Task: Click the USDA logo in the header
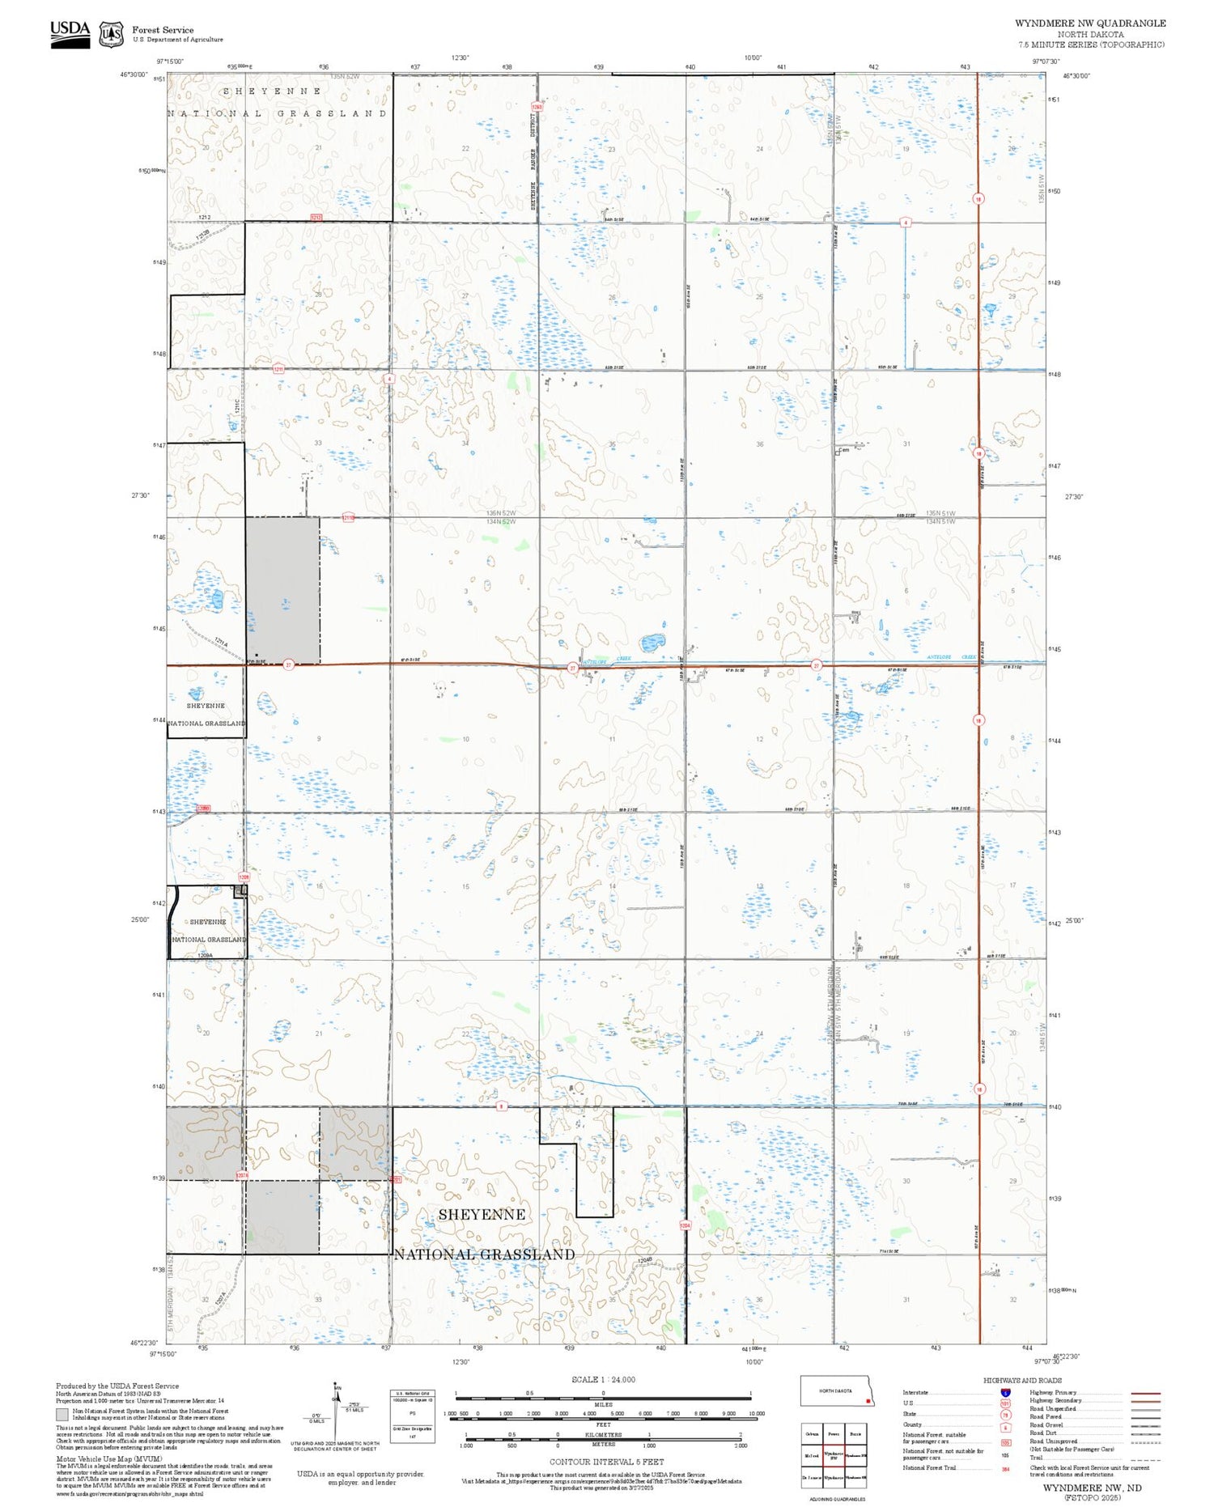[x=70, y=33]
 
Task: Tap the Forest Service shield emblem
[x=111, y=35]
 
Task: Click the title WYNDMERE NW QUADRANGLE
[x=1090, y=23]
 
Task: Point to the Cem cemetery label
[x=843, y=450]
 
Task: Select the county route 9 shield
[x=502, y=1106]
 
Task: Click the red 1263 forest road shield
[x=537, y=107]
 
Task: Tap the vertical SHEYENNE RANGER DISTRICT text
[x=533, y=162]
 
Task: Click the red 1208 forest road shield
[x=244, y=877]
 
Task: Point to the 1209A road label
[x=206, y=956]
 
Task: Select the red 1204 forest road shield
[x=685, y=1225]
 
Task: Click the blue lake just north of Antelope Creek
[x=652, y=643]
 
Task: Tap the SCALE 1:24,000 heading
[x=603, y=1379]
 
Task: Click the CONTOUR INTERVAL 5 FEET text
[x=606, y=1462]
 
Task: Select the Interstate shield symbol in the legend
[x=1005, y=1392]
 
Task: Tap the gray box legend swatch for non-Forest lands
[x=62, y=1414]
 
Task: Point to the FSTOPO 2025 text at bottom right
[x=1092, y=1497]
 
